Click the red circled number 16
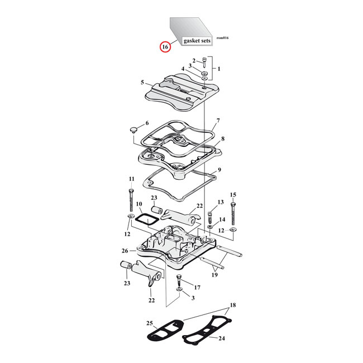[165, 47]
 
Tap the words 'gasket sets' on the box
[197, 41]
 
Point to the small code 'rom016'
[222, 38]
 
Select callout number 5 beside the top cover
[142, 83]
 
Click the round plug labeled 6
[133, 130]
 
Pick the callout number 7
[218, 121]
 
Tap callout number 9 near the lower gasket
[219, 170]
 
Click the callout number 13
[220, 202]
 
